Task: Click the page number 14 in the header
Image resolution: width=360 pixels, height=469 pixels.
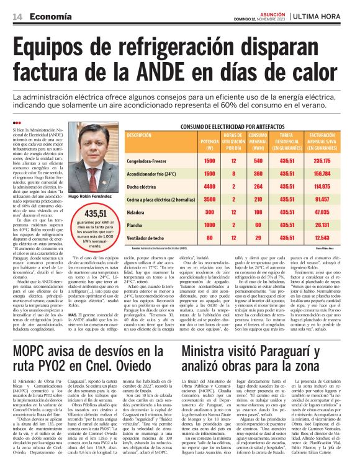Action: tap(17, 16)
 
